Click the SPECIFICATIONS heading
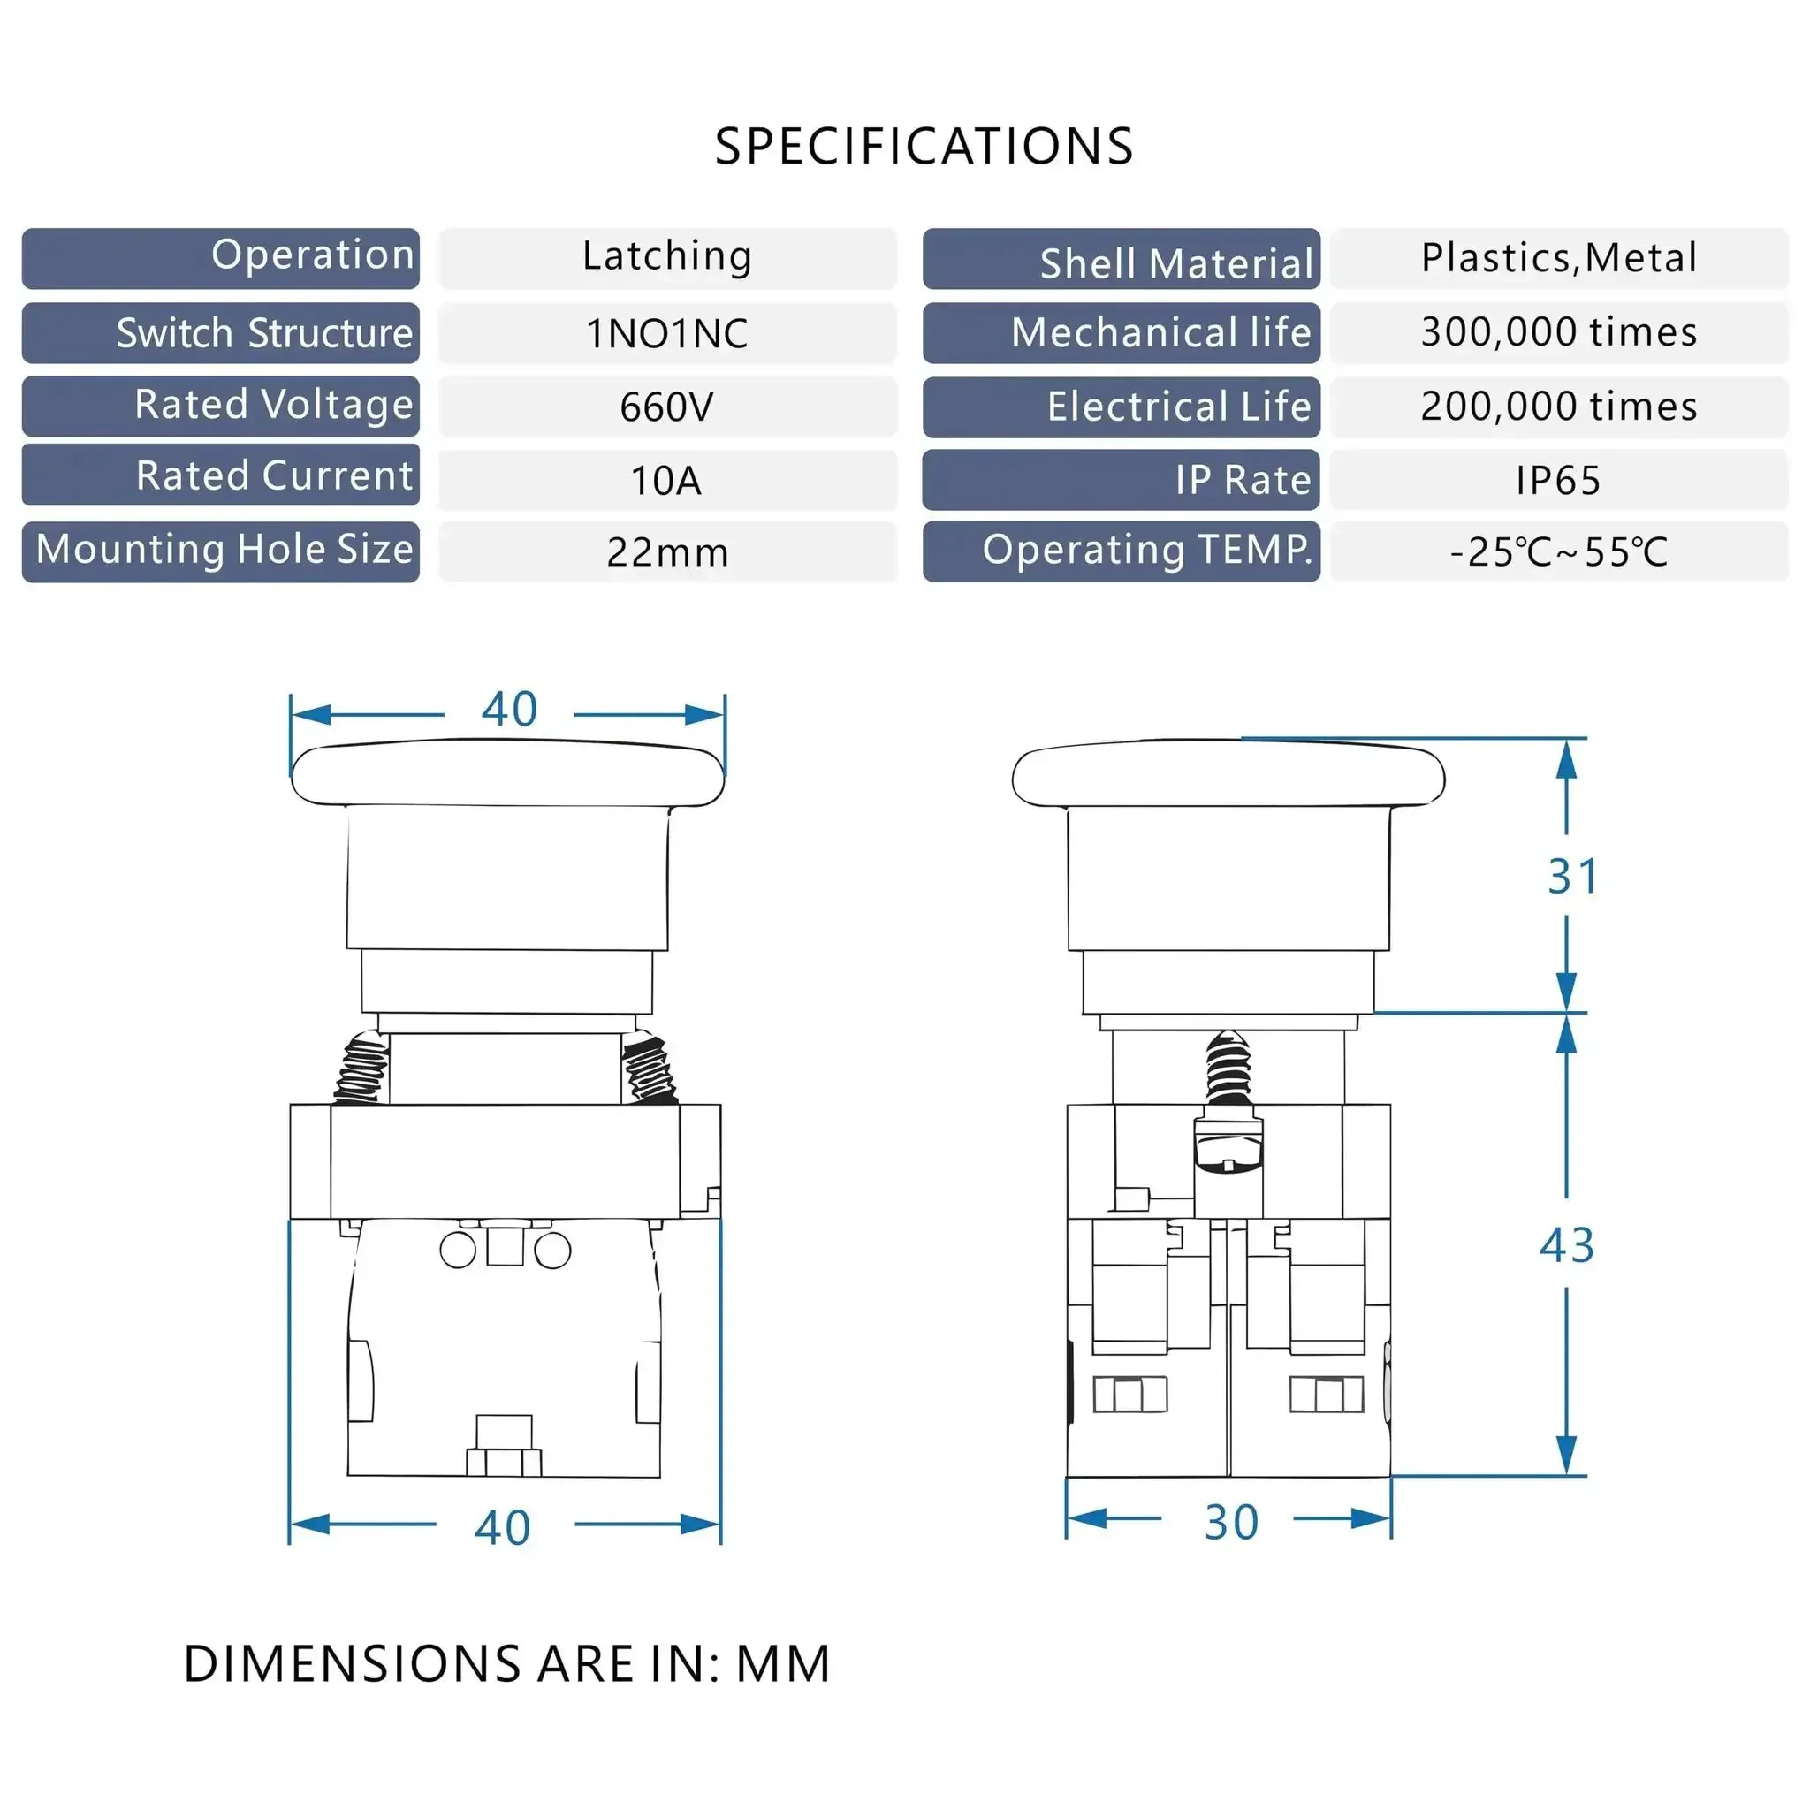(x=924, y=146)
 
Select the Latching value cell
(x=667, y=258)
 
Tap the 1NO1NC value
(x=667, y=333)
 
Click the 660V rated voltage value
(x=666, y=407)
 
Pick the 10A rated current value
(x=666, y=481)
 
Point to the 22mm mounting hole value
(x=667, y=552)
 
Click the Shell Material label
(x=1176, y=264)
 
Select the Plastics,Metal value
(x=1559, y=258)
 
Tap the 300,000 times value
(x=1559, y=331)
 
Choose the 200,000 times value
(x=1559, y=407)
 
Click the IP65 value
(x=1558, y=481)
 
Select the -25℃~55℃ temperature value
(x=1559, y=551)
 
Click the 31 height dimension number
(x=1573, y=877)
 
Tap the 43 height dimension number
(x=1566, y=1245)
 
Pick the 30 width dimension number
(x=1231, y=1523)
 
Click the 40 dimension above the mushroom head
(x=510, y=709)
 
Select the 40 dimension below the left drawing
(x=503, y=1528)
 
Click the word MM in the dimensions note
(x=783, y=1664)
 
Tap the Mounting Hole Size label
(x=224, y=549)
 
